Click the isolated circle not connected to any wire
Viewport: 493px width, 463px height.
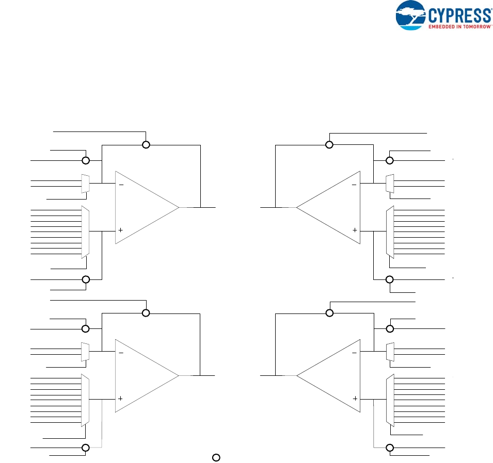coord(217,457)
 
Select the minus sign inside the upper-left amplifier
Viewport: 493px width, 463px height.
coord(121,184)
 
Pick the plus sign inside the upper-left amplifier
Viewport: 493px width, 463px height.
coord(121,230)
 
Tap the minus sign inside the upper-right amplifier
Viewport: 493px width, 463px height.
coord(354,184)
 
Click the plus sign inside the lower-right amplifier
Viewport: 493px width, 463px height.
coord(355,399)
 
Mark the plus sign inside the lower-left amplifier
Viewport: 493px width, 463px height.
coord(121,399)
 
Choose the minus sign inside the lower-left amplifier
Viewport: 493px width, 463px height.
coord(121,353)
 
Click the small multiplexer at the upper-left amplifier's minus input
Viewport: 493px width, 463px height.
coord(86,184)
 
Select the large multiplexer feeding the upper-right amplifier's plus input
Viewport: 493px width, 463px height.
coord(390,232)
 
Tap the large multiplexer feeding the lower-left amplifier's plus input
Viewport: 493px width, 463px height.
coord(86,400)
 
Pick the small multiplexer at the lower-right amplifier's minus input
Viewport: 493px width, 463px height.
coord(390,352)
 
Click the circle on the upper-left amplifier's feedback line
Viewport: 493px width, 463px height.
coord(146,145)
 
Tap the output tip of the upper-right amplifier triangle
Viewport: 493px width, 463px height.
coord(297,207)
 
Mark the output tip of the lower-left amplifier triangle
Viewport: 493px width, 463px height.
coord(179,375)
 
